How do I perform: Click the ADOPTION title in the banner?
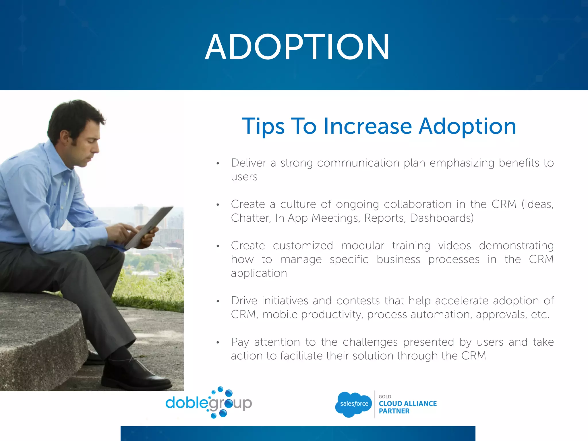point(297,47)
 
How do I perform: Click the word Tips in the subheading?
point(263,126)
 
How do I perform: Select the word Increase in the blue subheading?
point(367,126)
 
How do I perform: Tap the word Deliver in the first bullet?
point(249,163)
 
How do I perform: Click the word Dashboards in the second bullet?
point(442,218)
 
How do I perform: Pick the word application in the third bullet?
point(259,273)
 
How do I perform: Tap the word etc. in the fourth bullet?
point(540,315)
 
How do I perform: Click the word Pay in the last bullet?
point(240,342)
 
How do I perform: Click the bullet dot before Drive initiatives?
point(218,301)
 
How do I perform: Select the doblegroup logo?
point(209,403)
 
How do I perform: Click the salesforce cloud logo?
point(353,404)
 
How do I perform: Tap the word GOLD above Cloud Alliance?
point(385,396)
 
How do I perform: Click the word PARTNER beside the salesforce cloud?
point(394,411)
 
